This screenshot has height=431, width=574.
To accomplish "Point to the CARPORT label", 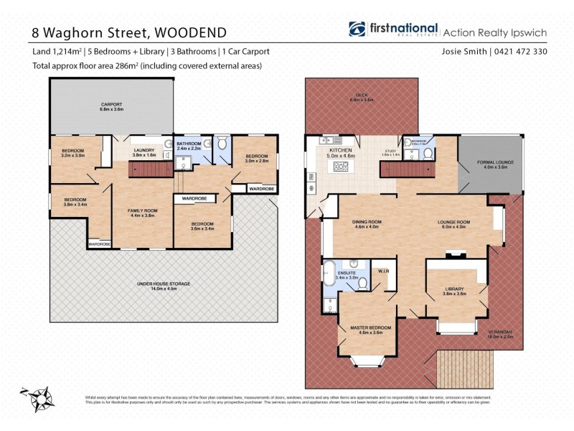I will [x=111, y=106].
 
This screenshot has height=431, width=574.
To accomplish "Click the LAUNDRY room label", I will [x=143, y=149].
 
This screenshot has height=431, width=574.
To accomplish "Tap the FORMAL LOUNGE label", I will [x=492, y=164].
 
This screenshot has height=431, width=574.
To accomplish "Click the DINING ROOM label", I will [x=366, y=222].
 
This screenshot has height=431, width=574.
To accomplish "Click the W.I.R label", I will [x=384, y=272].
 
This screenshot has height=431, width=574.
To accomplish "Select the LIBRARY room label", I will [x=455, y=289].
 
